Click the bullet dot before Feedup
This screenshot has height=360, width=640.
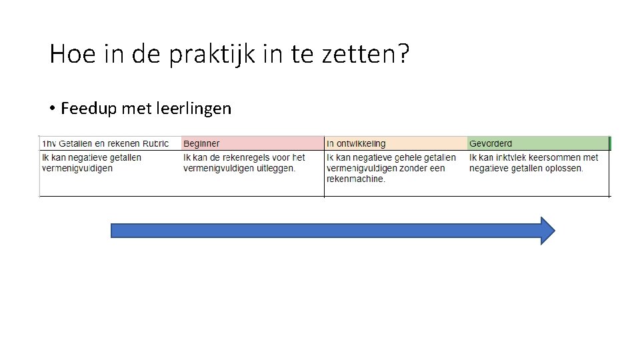pyautogui.click(x=51, y=109)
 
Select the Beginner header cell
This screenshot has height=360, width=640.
pyautogui.click(x=252, y=143)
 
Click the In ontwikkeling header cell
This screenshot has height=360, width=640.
pyautogui.click(x=395, y=143)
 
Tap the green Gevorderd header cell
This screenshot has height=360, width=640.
pyautogui.click(x=538, y=143)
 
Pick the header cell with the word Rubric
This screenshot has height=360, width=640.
pyautogui.click(x=110, y=143)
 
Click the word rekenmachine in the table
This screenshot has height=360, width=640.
pyautogui.click(x=356, y=179)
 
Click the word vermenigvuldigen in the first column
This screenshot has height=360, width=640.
pyautogui.click(x=77, y=169)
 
